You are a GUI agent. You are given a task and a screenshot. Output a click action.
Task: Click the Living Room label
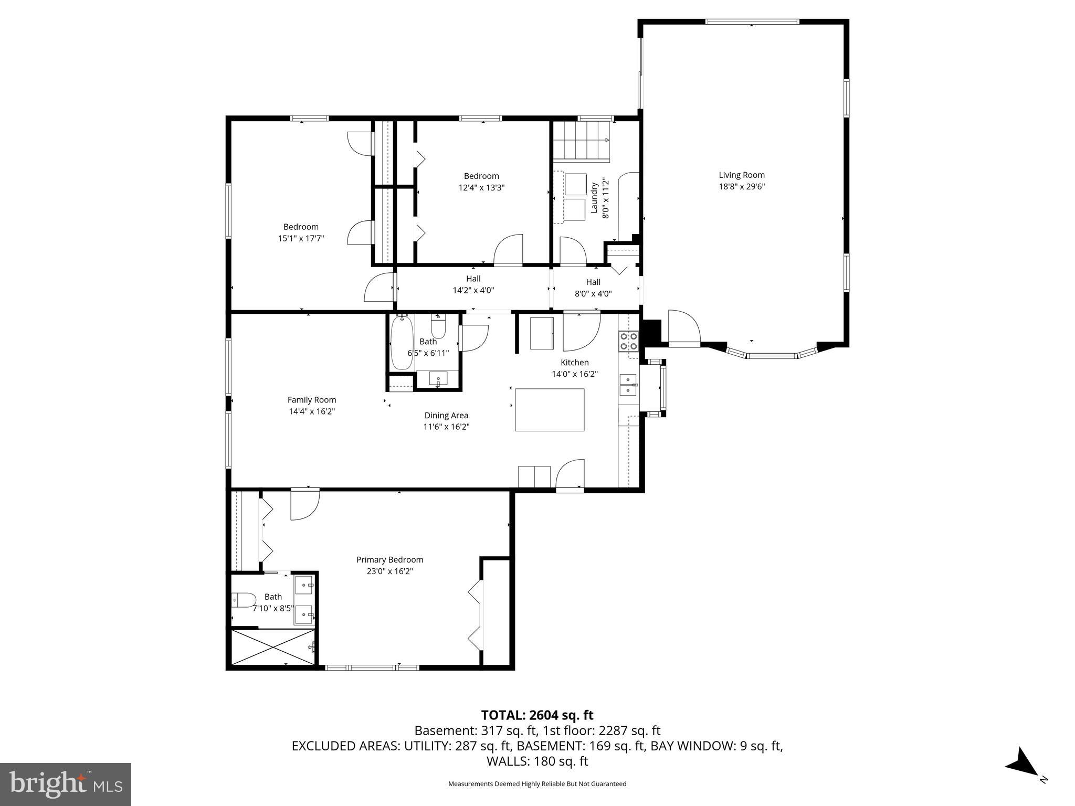(x=741, y=175)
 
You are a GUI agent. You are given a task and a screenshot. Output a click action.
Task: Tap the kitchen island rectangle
(x=550, y=410)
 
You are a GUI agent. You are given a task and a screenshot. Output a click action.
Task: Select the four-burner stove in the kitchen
(x=628, y=341)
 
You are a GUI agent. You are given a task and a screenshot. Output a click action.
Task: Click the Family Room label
(x=312, y=400)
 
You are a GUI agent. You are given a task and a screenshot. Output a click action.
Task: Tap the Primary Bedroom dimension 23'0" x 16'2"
(x=389, y=571)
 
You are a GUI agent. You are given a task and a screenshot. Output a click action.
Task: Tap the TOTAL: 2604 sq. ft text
(x=537, y=715)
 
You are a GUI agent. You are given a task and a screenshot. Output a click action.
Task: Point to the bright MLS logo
(x=66, y=784)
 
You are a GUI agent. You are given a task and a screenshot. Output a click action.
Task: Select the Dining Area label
(x=446, y=416)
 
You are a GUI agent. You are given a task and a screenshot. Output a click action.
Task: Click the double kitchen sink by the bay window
(x=628, y=385)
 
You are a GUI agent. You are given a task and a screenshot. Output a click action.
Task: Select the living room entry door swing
(x=684, y=328)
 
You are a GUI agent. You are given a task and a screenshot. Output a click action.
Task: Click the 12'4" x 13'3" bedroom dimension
(x=481, y=187)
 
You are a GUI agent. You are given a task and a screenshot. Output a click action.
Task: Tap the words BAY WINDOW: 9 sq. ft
(x=716, y=746)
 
